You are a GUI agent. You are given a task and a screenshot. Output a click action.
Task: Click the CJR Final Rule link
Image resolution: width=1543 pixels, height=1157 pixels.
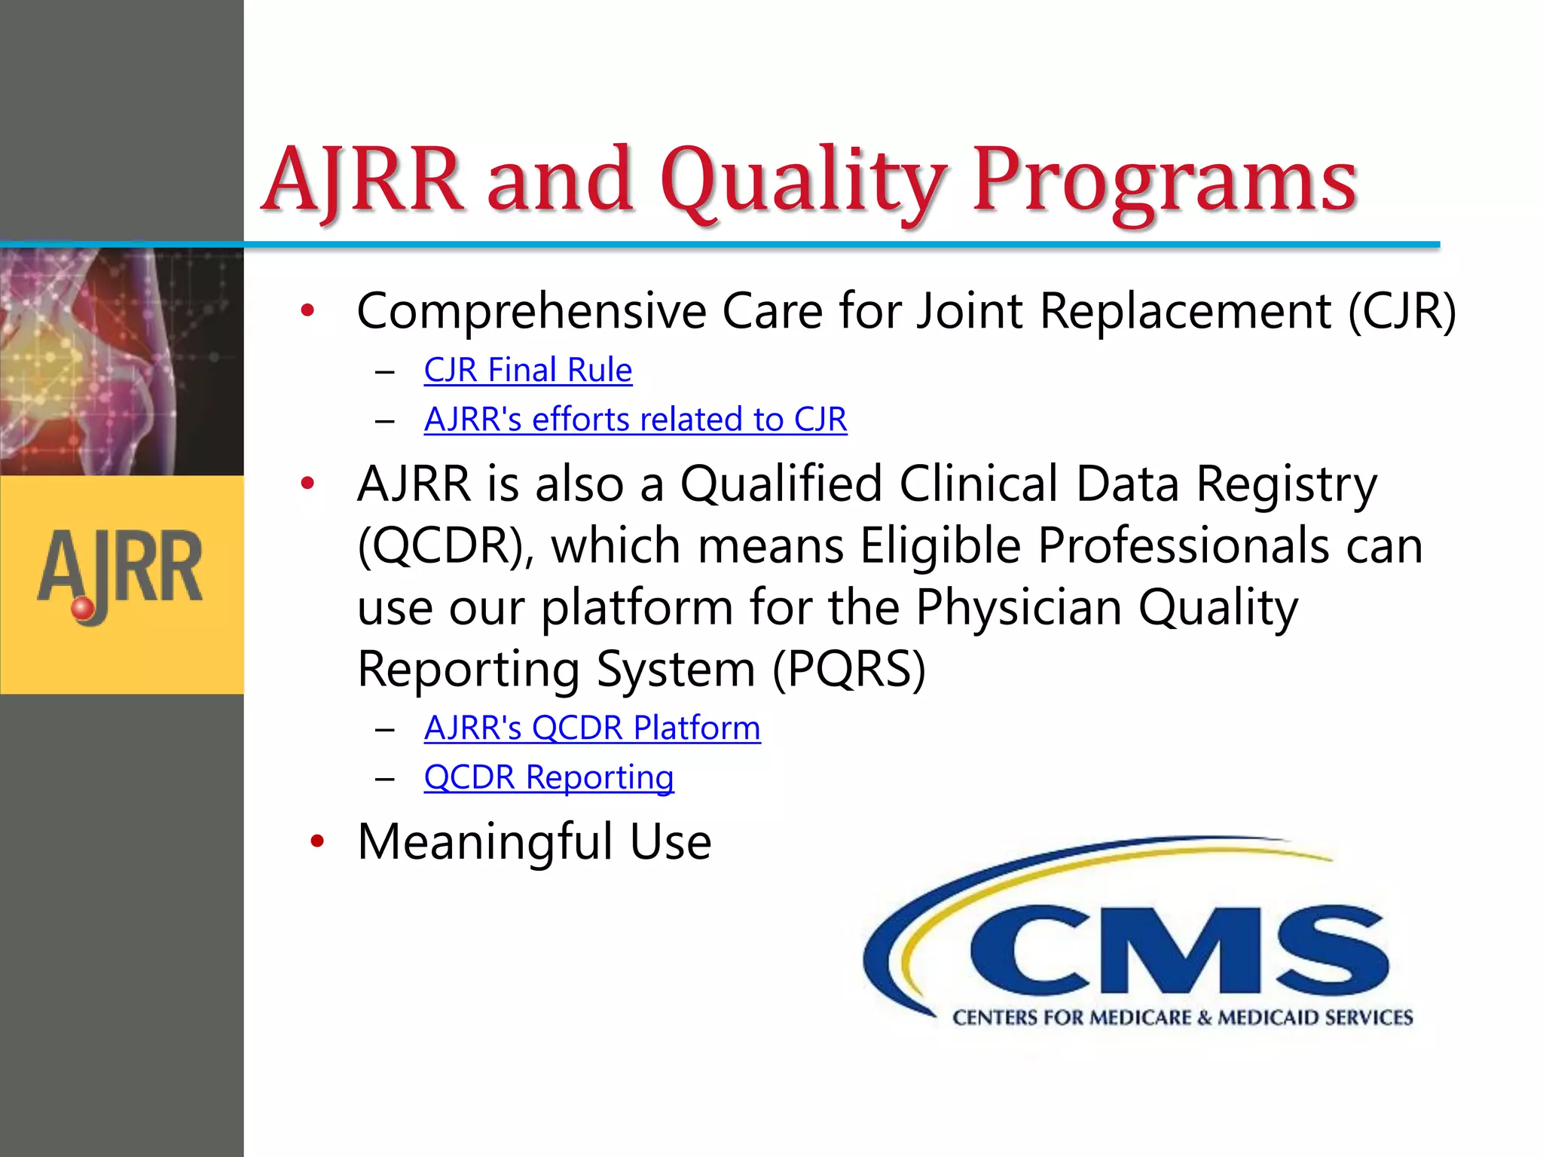527,371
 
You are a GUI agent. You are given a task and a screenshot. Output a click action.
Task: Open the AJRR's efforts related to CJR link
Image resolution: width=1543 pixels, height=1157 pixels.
635,420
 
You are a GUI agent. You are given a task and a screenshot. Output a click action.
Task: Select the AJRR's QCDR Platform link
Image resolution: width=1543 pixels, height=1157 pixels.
592,728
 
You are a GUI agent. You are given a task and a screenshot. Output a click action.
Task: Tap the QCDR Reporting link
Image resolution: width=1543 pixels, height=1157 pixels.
548,777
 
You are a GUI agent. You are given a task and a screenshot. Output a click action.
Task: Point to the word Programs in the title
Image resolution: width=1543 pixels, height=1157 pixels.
1165,181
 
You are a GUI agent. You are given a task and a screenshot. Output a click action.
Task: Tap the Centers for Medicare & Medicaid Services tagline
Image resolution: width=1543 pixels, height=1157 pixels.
1182,1018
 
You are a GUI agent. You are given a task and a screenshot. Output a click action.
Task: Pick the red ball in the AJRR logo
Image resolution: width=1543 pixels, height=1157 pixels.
82,608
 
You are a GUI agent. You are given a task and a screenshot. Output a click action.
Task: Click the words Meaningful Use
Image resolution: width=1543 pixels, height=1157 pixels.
534,841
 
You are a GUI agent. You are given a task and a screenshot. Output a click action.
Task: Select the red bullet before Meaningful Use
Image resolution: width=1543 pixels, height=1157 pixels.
317,841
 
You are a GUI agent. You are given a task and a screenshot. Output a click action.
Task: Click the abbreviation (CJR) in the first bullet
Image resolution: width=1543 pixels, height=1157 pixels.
1401,311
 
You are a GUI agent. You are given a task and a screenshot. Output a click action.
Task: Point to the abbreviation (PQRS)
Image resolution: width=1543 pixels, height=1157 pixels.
849,669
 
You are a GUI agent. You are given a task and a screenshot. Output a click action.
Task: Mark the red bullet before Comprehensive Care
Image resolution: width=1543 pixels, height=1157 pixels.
307,310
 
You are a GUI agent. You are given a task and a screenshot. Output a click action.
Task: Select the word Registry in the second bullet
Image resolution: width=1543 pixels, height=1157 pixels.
1286,484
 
